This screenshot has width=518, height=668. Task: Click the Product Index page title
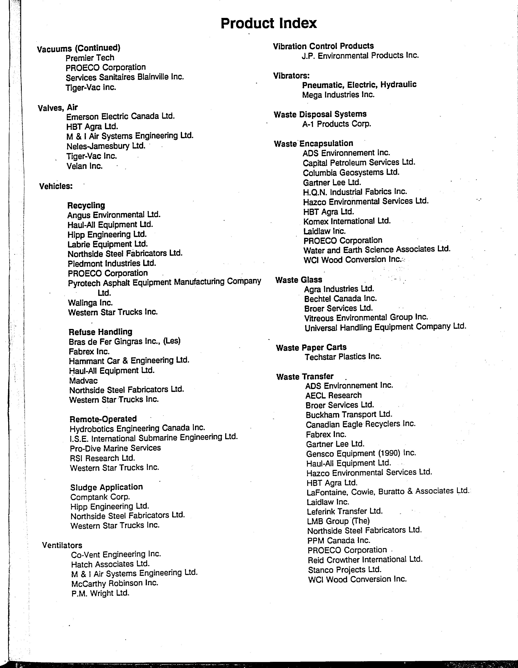coord(269,23)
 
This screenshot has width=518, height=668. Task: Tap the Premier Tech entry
coord(90,58)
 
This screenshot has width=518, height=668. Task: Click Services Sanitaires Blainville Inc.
coord(125,77)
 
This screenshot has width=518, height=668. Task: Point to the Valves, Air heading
coord(58,108)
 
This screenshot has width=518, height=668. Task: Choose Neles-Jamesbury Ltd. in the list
coord(106,146)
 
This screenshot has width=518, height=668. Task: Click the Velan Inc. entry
coord(85,166)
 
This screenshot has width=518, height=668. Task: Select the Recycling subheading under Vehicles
coord(86,205)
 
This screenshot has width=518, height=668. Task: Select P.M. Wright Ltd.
coord(100,593)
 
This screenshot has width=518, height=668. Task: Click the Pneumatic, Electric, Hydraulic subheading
coord(359,85)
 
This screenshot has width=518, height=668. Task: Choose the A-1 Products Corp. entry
coord(337,124)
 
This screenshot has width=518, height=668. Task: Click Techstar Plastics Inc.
coord(343,357)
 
